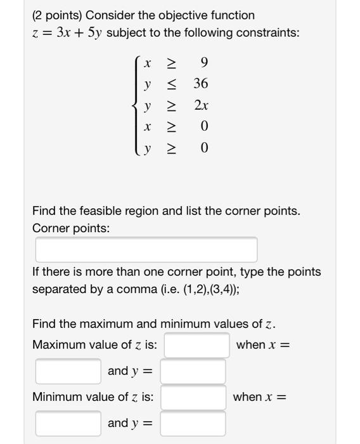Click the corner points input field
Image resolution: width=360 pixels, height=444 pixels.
146,249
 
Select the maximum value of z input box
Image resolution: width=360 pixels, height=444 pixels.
197,346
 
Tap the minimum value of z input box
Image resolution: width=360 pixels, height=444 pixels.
193,398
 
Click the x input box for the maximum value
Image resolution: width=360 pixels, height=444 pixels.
68,371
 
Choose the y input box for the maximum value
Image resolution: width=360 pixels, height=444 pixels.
193,371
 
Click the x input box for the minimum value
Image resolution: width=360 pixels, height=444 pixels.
68,423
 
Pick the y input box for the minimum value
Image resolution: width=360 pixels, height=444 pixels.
193,423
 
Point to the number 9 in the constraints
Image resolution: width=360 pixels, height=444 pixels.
203,63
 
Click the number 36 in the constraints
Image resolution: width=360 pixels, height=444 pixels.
201,84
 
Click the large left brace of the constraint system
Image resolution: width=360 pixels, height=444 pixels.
134,105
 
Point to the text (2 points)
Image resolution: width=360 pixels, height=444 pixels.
56,15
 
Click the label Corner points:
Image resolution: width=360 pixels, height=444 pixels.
70,228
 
